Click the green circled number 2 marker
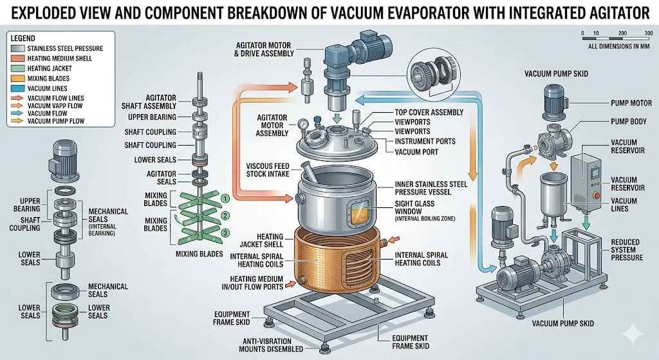tap(226, 216)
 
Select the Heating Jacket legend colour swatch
tap(17, 68)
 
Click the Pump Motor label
tap(631, 103)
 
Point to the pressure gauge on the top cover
tap(302, 124)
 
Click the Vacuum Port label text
tap(416, 152)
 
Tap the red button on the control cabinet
tap(595, 195)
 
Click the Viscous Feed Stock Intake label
tap(268, 170)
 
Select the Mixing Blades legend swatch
tap(17, 78)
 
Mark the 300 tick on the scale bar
tap(649, 33)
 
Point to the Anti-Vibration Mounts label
tap(271, 345)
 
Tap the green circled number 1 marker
tap(225, 198)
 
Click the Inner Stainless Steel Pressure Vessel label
tap(431, 188)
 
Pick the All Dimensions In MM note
tap(619, 46)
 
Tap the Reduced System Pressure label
tap(627, 250)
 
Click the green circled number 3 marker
tap(226, 232)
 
